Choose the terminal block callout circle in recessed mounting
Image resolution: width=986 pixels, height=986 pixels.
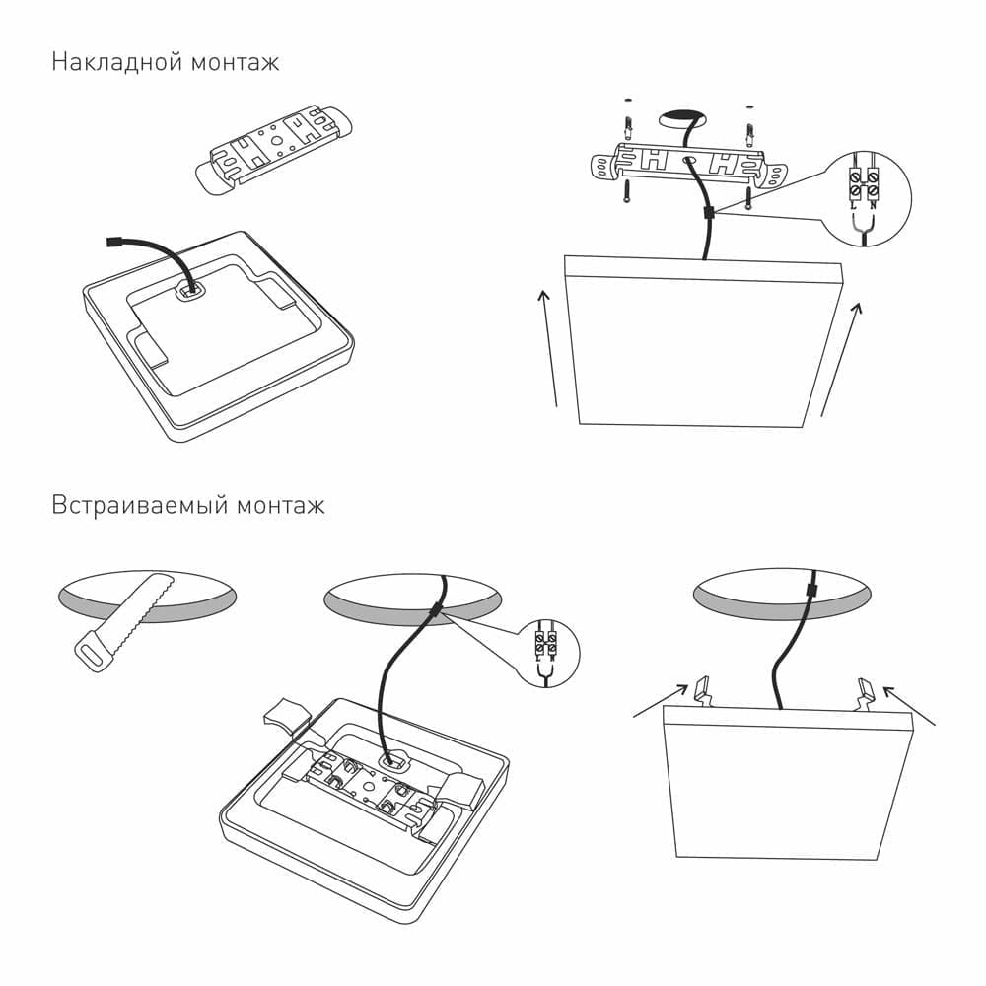click(x=545, y=653)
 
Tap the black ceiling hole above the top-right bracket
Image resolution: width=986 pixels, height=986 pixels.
click(x=683, y=118)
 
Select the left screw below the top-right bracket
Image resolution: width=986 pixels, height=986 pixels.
click(x=625, y=194)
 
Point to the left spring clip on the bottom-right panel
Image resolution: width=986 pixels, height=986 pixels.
click(x=703, y=689)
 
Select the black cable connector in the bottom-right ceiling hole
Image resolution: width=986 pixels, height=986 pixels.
click(x=810, y=590)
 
